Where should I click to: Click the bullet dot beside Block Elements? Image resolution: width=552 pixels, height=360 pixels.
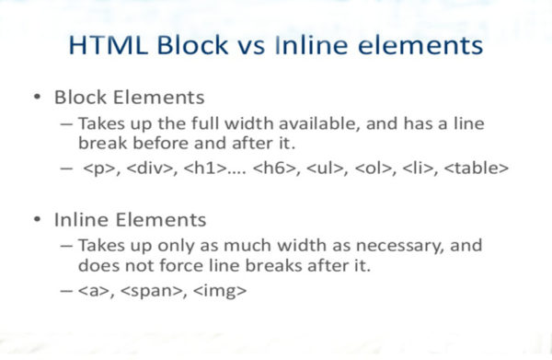point(36,98)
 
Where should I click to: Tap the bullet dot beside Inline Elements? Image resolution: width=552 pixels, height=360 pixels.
point(36,221)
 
